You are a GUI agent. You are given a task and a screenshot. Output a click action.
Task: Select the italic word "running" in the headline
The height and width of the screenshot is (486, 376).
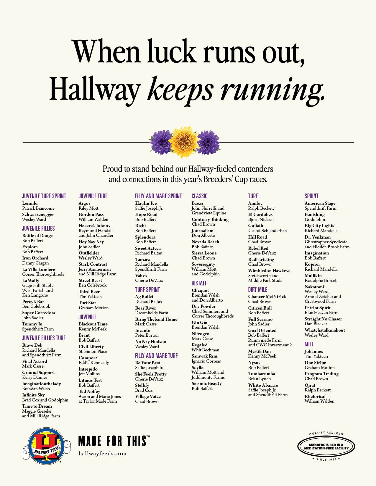(x=272, y=90)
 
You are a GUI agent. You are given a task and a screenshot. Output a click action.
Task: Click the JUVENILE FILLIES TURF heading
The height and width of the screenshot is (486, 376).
(x=44, y=338)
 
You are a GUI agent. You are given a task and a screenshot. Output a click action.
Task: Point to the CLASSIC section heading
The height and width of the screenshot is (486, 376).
(x=199, y=196)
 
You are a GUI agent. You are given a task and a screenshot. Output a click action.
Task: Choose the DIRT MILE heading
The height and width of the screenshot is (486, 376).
(x=258, y=290)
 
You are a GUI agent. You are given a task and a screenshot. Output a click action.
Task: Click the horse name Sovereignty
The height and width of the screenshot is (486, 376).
(x=203, y=264)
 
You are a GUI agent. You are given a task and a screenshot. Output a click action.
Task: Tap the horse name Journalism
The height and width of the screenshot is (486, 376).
(x=202, y=231)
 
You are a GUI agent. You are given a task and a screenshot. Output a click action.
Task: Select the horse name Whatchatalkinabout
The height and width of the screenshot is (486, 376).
(x=325, y=330)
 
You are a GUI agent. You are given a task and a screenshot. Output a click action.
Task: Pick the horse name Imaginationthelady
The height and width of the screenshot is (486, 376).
(x=42, y=384)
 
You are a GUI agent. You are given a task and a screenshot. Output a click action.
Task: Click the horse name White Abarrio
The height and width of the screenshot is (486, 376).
(x=263, y=385)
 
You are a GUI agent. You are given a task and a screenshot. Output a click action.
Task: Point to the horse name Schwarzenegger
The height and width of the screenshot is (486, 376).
(x=38, y=214)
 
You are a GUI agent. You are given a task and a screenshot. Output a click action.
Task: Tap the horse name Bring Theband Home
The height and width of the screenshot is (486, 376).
(x=156, y=319)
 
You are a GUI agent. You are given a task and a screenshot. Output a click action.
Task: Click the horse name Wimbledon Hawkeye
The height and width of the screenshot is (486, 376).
(x=269, y=271)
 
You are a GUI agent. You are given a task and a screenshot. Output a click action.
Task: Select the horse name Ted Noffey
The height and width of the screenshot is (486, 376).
(x=89, y=391)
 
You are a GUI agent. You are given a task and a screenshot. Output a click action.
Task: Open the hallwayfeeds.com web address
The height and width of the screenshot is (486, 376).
(x=102, y=454)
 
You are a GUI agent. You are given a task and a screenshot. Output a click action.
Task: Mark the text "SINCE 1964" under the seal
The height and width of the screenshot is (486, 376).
(x=326, y=459)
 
